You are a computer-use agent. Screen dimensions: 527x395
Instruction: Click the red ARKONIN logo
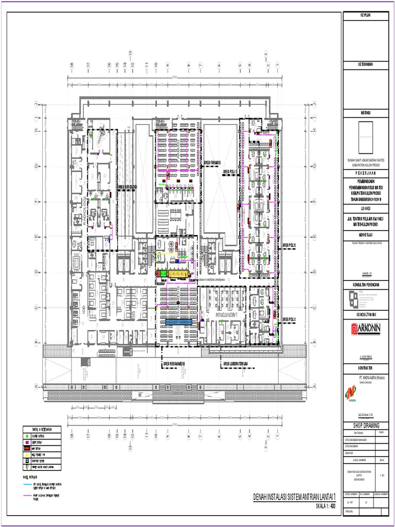(x=369, y=329)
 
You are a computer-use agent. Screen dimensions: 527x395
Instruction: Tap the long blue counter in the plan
(x=178, y=321)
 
